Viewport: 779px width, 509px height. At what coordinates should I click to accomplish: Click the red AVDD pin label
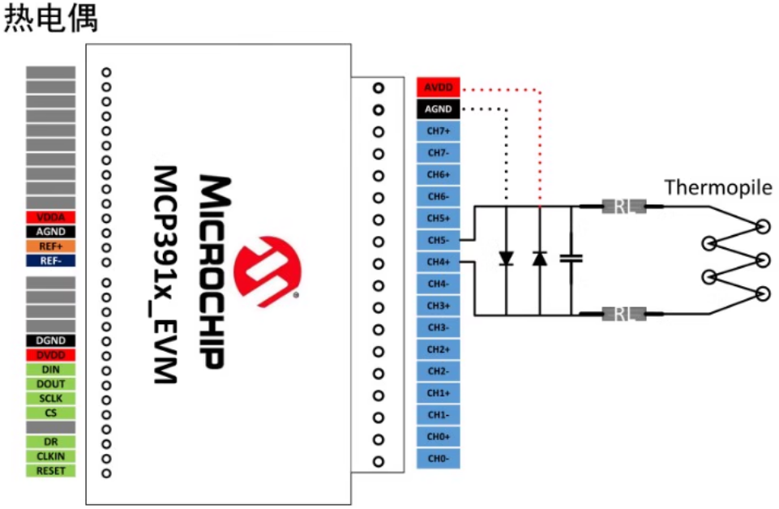pyautogui.click(x=439, y=87)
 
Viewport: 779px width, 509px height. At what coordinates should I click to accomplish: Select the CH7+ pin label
pyautogui.click(x=439, y=130)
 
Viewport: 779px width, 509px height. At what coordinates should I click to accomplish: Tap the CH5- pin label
pyautogui.click(x=439, y=240)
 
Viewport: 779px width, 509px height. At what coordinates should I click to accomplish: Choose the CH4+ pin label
pyautogui.click(x=439, y=262)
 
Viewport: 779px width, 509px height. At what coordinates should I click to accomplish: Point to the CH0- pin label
pyautogui.click(x=439, y=459)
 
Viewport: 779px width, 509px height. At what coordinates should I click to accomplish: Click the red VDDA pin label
pyautogui.click(x=50, y=217)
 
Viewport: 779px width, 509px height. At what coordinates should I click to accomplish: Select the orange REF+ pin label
pyautogui.click(x=50, y=246)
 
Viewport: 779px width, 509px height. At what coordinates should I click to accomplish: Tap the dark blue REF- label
pyautogui.click(x=50, y=260)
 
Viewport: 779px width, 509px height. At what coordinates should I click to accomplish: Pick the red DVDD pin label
pyautogui.click(x=50, y=355)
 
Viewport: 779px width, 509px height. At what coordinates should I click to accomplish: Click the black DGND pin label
pyautogui.click(x=50, y=340)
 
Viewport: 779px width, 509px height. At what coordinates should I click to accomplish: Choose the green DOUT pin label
pyautogui.click(x=50, y=384)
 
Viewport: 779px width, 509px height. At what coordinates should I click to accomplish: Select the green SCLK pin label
pyautogui.click(x=50, y=399)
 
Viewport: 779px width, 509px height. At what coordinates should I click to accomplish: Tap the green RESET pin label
pyautogui.click(x=50, y=471)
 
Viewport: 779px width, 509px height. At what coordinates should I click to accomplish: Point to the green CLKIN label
pyautogui.click(x=50, y=456)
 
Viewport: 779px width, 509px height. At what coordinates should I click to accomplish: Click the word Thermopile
pyautogui.click(x=718, y=188)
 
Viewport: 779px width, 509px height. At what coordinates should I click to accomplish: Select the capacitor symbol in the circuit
pyautogui.click(x=572, y=259)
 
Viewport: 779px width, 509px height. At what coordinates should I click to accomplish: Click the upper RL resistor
pyautogui.click(x=623, y=207)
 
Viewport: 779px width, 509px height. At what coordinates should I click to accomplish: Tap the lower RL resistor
pyautogui.click(x=623, y=314)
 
